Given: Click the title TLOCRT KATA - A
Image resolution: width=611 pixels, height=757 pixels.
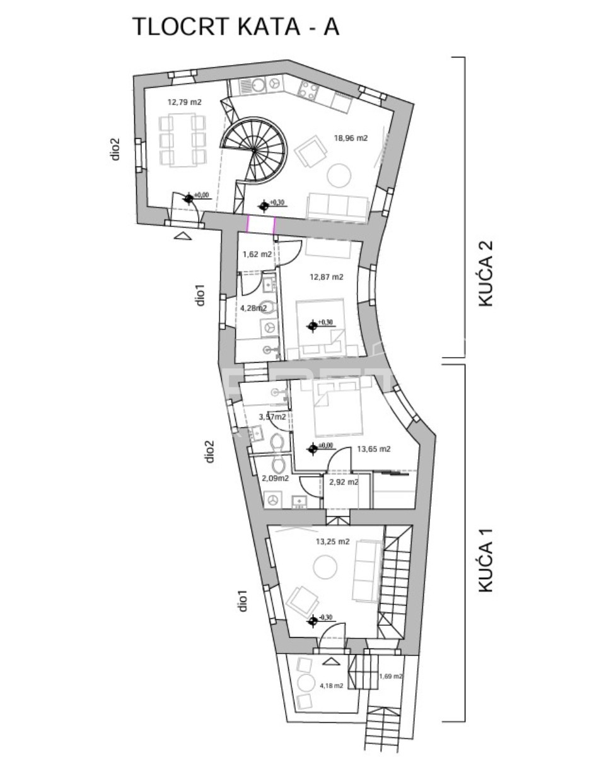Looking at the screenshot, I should click(235, 27).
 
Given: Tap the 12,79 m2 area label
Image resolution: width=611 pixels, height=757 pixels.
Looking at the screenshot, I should click(184, 102).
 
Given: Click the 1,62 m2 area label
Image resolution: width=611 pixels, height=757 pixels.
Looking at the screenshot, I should click(257, 255).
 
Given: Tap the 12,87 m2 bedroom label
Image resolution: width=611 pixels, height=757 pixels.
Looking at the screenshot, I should click(326, 276).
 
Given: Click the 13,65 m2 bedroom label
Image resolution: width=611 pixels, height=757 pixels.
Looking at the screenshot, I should click(373, 449).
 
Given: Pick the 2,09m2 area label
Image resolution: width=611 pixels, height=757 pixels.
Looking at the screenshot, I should click(275, 478).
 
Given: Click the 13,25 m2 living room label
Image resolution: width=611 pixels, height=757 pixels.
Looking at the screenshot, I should click(333, 541).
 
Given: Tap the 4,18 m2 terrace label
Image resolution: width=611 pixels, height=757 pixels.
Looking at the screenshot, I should click(331, 685).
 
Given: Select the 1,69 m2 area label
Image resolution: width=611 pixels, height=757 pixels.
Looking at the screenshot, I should click(390, 676).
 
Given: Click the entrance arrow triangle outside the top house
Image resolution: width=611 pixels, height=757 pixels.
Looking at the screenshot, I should click(182, 236).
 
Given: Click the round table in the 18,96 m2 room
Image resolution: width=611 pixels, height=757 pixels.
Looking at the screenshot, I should click(340, 175).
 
